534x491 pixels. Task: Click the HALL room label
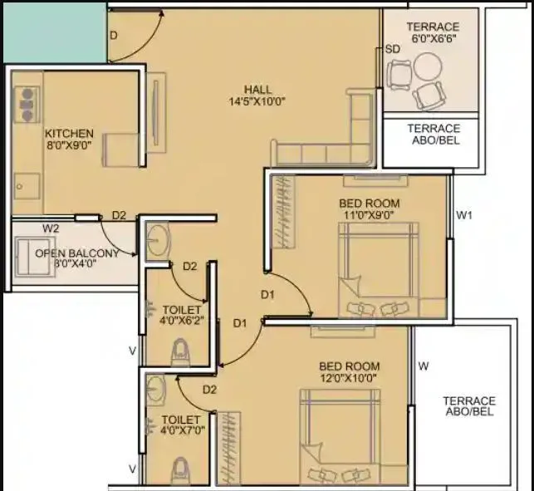tap(258, 90)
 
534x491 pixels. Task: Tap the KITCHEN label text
tap(69, 134)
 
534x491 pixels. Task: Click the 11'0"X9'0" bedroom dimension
tap(369, 215)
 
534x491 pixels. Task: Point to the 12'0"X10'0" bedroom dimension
tap(350, 378)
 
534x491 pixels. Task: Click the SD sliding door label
tap(393, 49)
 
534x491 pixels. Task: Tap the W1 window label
tap(464, 217)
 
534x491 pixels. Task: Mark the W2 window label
tap(51, 228)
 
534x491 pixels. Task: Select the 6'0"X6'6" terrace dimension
tap(433, 39)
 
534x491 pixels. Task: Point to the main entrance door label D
tap(114, 35)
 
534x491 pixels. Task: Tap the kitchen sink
tap(28, 184)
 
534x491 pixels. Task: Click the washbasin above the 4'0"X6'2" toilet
tap(158, 243)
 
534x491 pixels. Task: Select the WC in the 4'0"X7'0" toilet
tap(179, 471)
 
